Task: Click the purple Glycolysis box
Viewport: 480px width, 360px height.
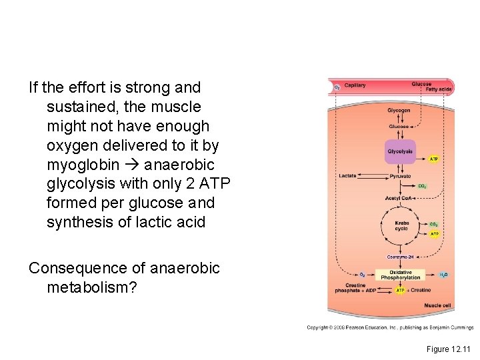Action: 400,151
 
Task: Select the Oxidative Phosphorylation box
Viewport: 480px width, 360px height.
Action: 400,275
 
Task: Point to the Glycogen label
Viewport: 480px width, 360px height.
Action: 399,110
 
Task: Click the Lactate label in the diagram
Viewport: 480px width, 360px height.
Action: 347,176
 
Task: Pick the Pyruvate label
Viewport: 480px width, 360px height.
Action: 400,176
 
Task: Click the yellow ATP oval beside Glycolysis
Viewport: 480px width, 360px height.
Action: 434,159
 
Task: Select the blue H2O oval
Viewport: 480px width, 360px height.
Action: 444,274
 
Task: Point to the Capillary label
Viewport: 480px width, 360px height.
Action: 355,85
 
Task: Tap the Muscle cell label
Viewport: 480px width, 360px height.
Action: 437,305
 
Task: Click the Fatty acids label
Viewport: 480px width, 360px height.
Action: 439,89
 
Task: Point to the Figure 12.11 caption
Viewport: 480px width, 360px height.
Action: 449,349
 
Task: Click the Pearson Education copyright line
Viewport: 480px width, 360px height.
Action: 389,327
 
